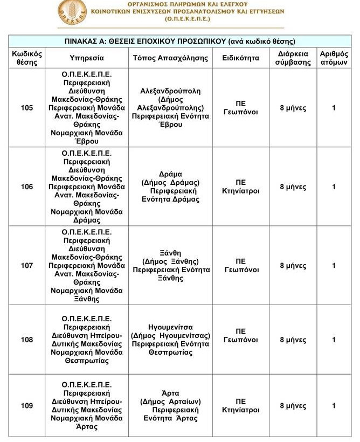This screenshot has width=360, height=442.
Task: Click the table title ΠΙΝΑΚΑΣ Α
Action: click(x=180, y=42)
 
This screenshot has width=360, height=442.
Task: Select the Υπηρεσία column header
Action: click(x=87, y=58)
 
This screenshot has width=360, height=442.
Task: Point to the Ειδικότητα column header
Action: click(x=240, y=58)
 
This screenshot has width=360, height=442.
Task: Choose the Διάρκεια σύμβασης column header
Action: click(x=293, y=58)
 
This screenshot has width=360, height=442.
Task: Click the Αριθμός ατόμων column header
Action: click(x=334, y=58)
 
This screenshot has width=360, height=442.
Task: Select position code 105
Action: click(x=27, y=108)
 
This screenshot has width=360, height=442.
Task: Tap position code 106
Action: click(x=27, y=187)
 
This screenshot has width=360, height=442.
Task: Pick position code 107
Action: click(x=27, y=266)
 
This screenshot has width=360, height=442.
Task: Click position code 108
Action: click(x=27, y=340)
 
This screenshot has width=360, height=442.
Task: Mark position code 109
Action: click(x=27, y=406)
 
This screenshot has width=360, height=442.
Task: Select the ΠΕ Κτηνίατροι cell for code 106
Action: click(x=240, y=187)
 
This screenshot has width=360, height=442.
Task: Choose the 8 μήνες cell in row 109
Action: click(x=293, y=406)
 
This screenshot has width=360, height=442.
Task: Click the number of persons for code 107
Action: click(x=334, y=266)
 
